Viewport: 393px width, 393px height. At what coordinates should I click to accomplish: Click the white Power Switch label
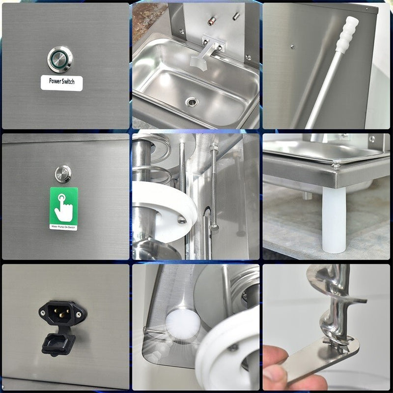click(61, 83)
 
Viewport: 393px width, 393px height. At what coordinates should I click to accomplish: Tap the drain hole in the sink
click(192, 102)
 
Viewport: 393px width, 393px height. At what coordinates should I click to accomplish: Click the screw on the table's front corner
click(336, 167)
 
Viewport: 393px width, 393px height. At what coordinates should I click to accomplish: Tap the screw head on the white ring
click(182, 221)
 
